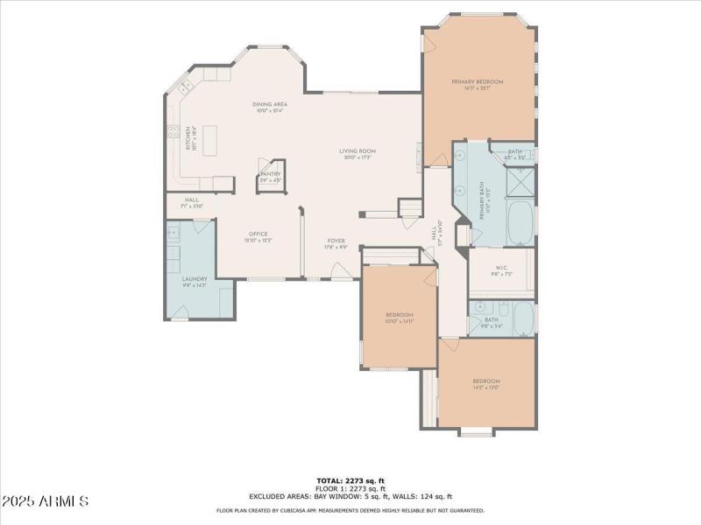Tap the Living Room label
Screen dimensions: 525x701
tap(358, 154)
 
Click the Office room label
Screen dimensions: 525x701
tap(258, 236)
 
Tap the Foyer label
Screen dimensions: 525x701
tap(336, 243)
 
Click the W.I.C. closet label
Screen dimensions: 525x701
tap(501, 270)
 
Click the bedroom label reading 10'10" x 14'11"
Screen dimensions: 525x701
tap(399, 318)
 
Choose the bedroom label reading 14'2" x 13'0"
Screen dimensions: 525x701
tap(486, 385)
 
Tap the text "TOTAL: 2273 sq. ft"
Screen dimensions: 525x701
tap(350, 480)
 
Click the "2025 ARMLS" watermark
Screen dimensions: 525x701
tap(46, 501)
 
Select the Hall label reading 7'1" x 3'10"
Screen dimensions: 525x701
tap(191, 204)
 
